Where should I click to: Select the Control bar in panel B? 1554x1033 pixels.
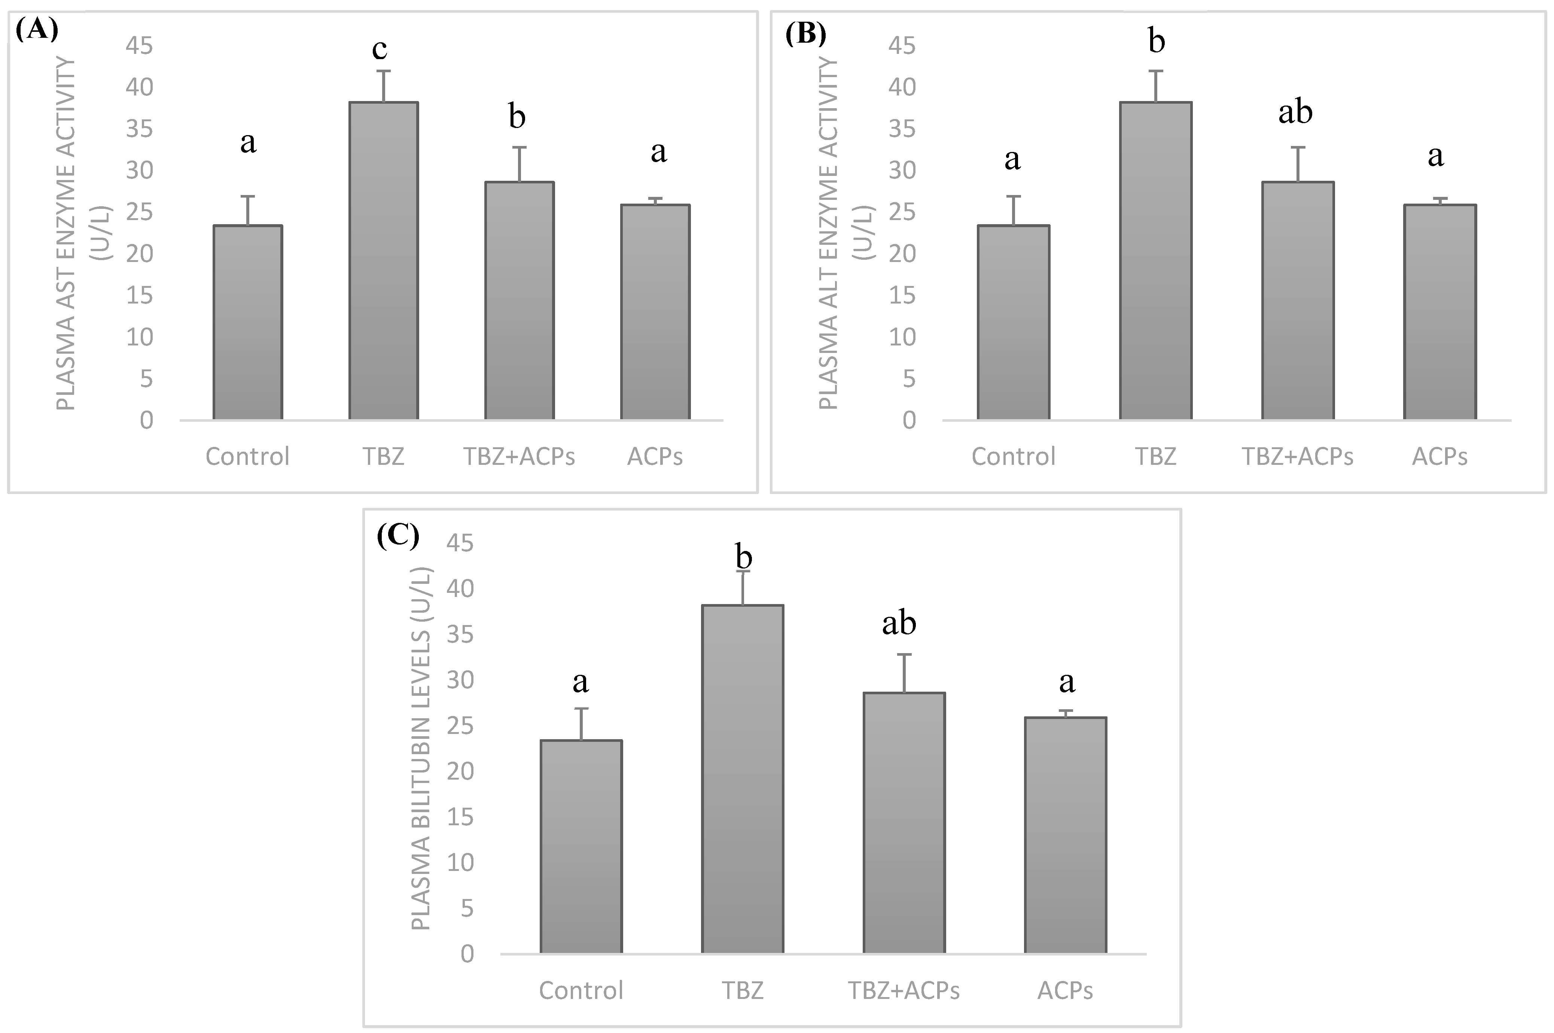click(1013, 323)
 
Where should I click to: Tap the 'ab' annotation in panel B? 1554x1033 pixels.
click(1295, 112)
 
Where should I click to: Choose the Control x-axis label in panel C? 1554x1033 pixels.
click(581, 991)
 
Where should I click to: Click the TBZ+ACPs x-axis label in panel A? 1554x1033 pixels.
click(519, 457)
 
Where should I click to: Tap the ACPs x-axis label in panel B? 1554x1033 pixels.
click(1439, 457)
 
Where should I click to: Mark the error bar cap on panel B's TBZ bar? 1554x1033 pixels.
click(1156, 71)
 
